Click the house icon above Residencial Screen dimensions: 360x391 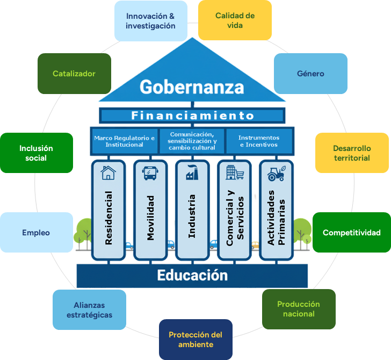[x=108, y=173]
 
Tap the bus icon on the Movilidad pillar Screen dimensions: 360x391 [x=150, y=173]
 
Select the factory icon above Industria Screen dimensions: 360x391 [x=192, y=173]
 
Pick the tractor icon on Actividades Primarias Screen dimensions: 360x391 [x=276, y=173]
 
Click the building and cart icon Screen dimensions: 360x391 [x=235, y=173]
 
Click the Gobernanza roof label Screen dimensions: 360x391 [x=192, y=87]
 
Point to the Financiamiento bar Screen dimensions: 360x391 [x=192, y=116]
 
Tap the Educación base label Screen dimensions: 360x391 [x=192, y=276]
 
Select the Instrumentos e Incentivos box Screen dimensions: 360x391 [x=259, y=141]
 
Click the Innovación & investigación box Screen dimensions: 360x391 [x=151, y=21]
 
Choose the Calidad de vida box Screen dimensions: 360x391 [x=235, y=20]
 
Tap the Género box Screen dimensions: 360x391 [x=310, y=74]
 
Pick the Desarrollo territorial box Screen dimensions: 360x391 [x=351, y=153]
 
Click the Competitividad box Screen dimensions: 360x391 [x=351, y=233]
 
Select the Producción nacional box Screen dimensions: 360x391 [x=298, y=309]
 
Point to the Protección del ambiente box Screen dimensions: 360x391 [x=195, y=340]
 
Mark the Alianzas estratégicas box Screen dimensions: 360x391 [x=89, y=310]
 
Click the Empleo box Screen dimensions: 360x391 [x=36, y=233]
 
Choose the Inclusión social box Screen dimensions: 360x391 [x=36, y=153]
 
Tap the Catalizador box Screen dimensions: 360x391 [x=74, y=74]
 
